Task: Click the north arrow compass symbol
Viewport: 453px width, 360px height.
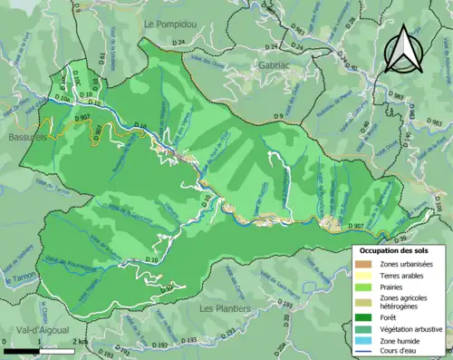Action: tap(401, 49)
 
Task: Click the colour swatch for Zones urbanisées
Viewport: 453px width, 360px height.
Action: tap(365, 263)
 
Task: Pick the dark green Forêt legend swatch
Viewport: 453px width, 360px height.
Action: tap(365, 316)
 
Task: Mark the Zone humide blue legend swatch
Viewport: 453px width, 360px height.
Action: tap(365, 341)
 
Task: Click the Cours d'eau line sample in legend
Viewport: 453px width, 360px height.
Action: tap(365, 352)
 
